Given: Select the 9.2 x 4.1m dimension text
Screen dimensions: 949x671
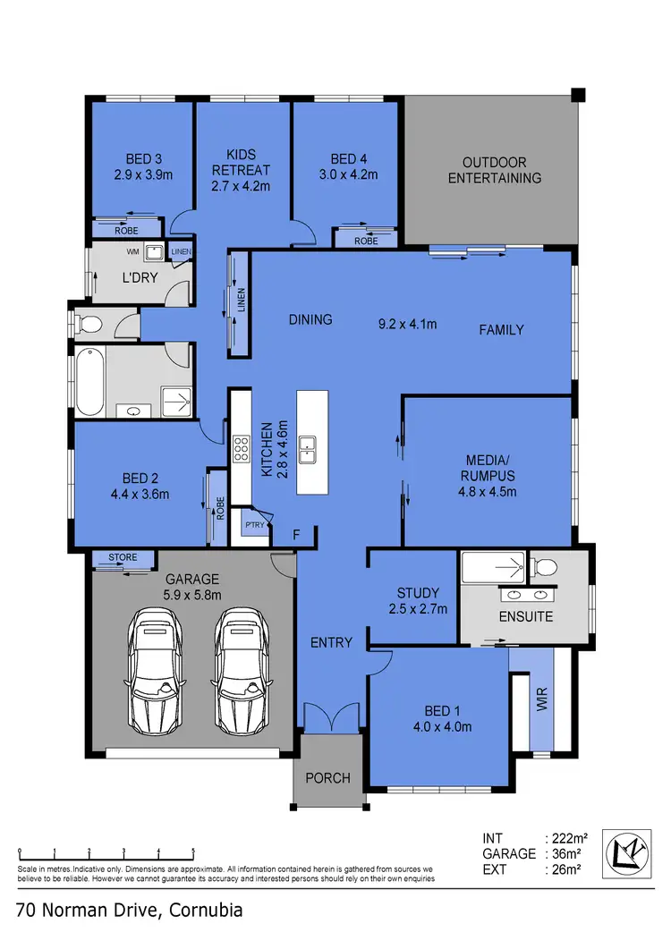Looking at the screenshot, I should [x=408, y=324].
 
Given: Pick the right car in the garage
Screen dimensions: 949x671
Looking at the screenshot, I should [x=241, y=668].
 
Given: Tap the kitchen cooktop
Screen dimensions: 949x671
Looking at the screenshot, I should [x=241, y=447].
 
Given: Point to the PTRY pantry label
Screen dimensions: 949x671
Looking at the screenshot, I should [x=254, y=525].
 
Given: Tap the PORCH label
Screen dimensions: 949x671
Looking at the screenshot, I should [x=328, y=777].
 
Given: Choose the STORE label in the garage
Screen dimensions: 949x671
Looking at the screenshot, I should [x=123, y=557].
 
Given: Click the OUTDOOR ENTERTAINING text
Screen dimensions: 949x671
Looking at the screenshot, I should [x=495, y=170].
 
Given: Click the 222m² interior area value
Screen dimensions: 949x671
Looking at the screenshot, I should [x=569, y=838].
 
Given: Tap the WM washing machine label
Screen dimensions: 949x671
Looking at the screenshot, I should [x=132, y=252].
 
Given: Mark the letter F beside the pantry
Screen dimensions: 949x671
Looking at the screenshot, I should [x=297, y=535].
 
